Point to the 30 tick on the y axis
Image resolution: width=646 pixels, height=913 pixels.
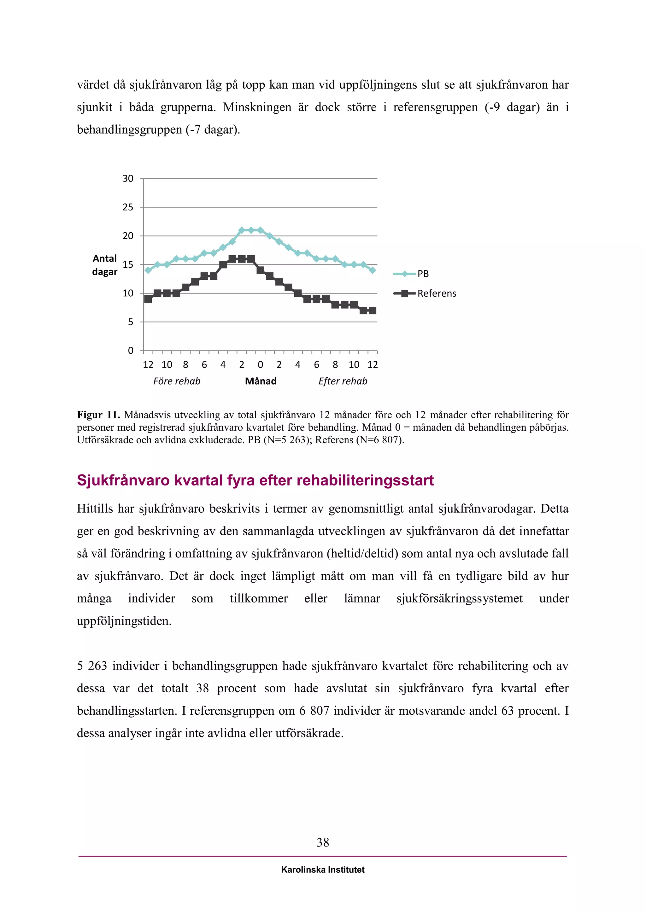point(128,178)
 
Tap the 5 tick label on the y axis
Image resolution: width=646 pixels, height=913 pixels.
point(130,322)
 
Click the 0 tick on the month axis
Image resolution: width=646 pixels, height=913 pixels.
point(260,365)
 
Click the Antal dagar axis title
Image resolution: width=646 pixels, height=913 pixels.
point(105,265)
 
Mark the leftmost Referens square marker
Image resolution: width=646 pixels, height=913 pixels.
point(148,299)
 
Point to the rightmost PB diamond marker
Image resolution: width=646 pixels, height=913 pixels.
point(372,270)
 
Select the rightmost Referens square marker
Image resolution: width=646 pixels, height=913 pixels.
point(372,311)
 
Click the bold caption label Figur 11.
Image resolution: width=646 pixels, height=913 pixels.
point(98,415)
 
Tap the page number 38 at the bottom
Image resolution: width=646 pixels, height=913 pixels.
point(323,842)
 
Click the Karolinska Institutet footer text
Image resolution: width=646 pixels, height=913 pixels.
point(323,870)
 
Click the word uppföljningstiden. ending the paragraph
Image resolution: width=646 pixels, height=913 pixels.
point(124,621)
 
